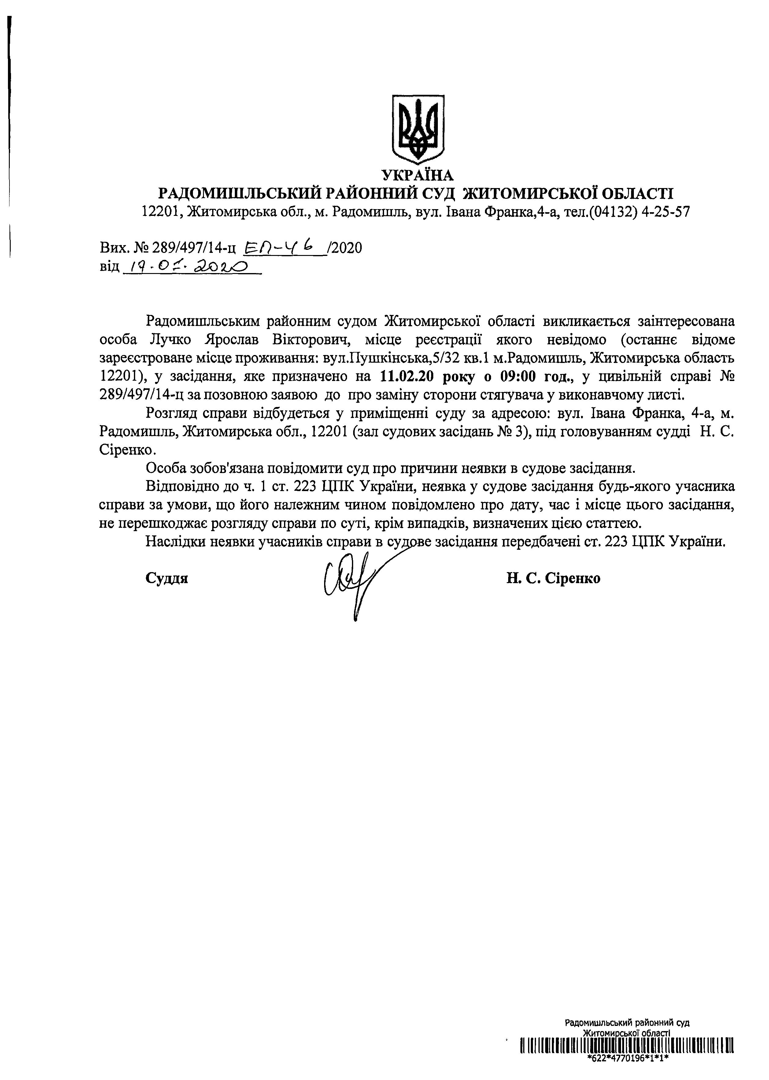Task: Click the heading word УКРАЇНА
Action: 418,176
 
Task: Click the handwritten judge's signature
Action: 350,580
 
